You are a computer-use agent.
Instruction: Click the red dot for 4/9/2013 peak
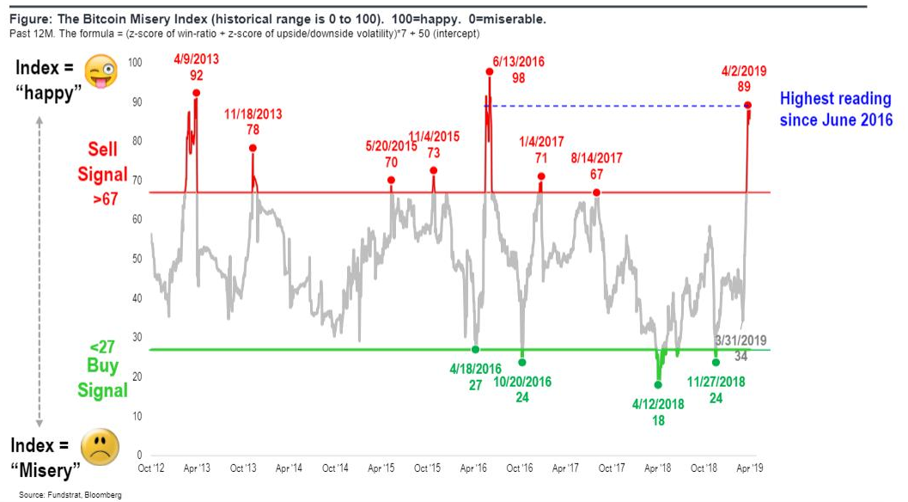(197, 92)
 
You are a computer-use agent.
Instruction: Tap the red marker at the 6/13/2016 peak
(490, 72)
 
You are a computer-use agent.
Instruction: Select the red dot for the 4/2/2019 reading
(748, 106)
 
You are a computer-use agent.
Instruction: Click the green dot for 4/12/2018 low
(659, 385)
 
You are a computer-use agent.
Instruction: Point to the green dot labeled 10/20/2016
(521, 362)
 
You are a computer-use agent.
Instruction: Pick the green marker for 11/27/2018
(716, 362)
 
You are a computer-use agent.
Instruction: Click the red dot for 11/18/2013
(253, 148)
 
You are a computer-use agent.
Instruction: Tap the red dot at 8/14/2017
(596, 193)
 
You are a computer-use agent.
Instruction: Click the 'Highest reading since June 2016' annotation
(836, 109)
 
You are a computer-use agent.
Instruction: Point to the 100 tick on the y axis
(135, 63)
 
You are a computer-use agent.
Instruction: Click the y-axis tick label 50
(135, 259)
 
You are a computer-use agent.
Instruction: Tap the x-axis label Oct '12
(151, 468)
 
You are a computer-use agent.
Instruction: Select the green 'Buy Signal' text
(102, 378)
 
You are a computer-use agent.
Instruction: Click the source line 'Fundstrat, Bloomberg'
(70, 494)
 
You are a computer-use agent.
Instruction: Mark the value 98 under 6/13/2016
(518, 78)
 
